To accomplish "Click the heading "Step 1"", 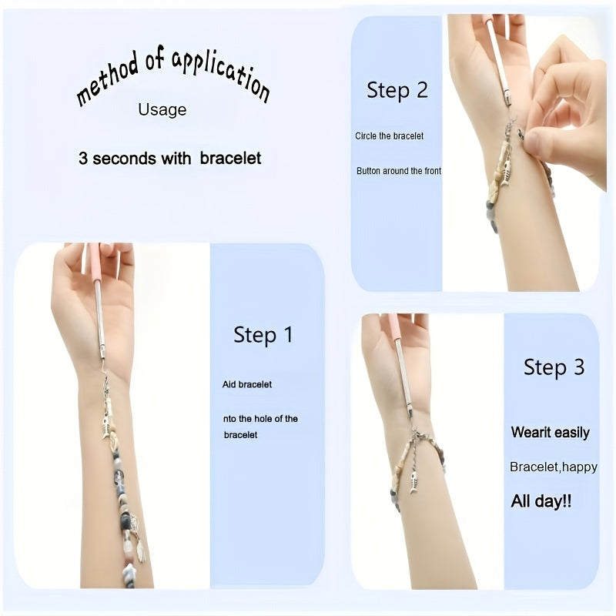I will tap(263, 335).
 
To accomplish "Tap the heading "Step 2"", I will tap(397, 90).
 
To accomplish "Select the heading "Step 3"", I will tap(554, 367).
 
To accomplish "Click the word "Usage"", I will tap(162, 110).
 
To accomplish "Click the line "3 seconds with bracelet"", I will tap(169, 159).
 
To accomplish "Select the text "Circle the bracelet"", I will tap(389, 136).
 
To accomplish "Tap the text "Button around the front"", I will tap(399, 171).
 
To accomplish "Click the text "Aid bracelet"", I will tap(247, 384).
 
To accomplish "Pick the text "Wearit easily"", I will tap(550, 433).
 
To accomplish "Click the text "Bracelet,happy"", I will tap(553, 467).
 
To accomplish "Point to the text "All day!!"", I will tap(541, 501).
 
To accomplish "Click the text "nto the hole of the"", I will tap(260, 419).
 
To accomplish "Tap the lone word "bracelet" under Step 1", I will tap(242, 435).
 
